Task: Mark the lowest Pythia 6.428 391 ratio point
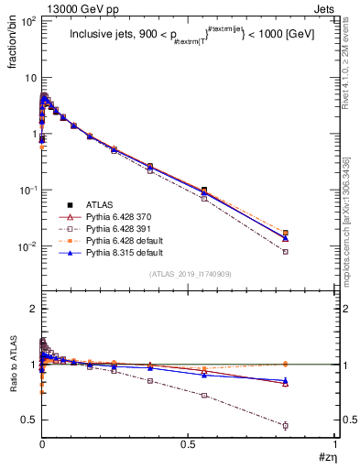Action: [286, 426]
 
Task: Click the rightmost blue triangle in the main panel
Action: [286, 238]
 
